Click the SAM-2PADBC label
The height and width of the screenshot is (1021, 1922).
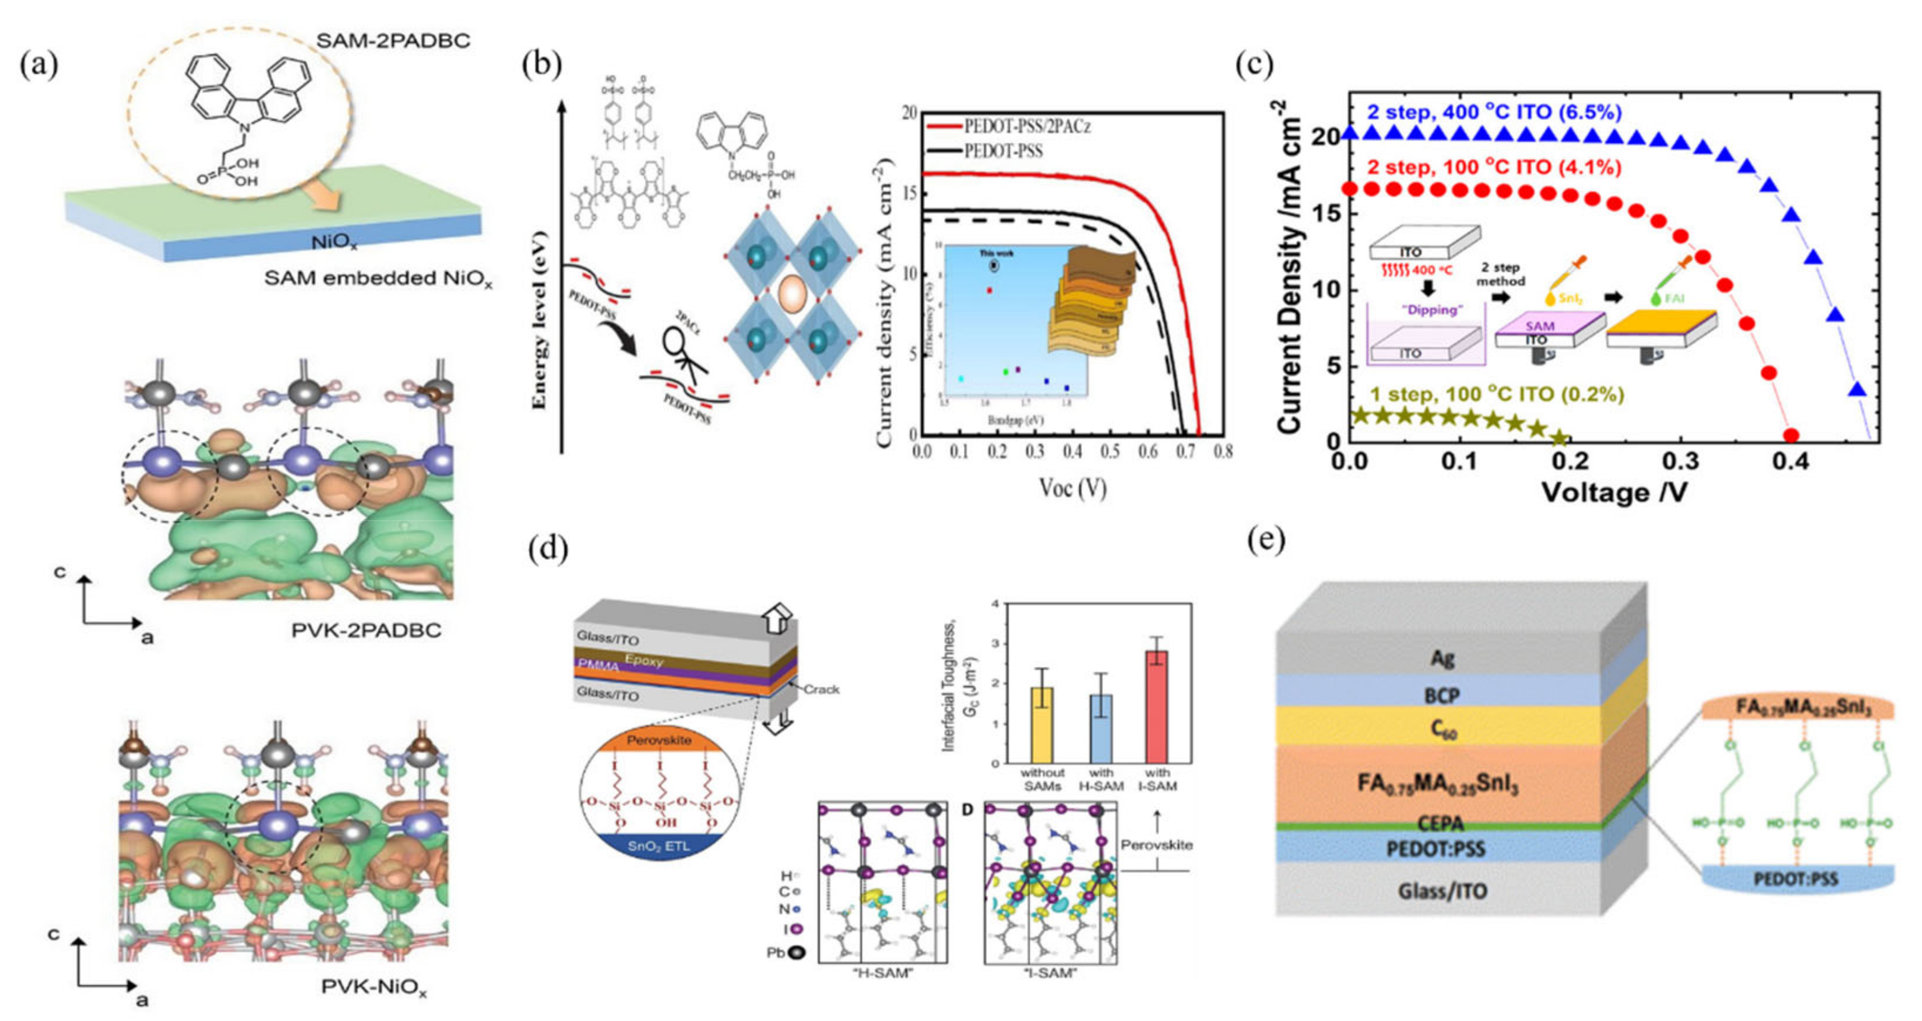pyautogui.click(x=393, y=41)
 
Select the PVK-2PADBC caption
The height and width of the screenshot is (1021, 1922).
pyautogui.click(x=366, y=631)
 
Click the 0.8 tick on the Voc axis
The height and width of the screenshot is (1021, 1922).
pyautogui.click(x=1222, y=451)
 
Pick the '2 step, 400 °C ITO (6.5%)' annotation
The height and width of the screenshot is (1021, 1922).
pyautogui.click(x=1494, y=113)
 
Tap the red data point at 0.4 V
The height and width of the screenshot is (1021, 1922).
pyautogui.click(x=1790, y=436)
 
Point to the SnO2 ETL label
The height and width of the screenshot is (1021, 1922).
pyautogui.click(x=657, y=846)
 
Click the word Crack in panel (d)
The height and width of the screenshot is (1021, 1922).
pyautogui.click(x=821, y=689)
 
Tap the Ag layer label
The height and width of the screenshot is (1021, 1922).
pyautogui.click(x=1442, y=658)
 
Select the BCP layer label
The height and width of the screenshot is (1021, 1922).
pyautogui.click(x=1441, y=696)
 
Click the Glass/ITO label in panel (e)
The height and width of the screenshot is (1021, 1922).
pyautogui.click(x=1441, y=891)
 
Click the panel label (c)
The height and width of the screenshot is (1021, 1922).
pyautogui.click(x=1255, y=64)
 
